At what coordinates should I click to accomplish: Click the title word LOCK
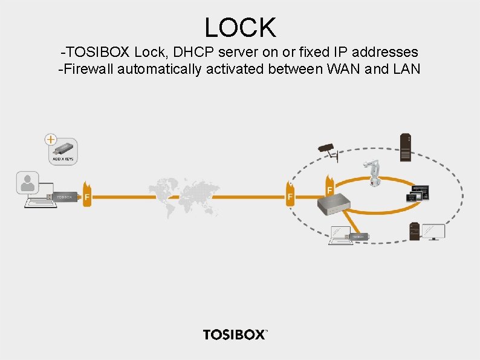tap(240, 27)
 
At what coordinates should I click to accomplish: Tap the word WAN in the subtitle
tap(345, 69)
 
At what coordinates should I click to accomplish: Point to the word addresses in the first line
tap(384, 53)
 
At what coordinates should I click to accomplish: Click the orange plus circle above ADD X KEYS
tap(52, 139)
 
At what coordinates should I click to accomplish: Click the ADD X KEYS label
tap(63, 159)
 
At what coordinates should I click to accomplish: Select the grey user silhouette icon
tap(28, 183)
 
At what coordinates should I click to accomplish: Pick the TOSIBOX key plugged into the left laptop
tap(66, 197)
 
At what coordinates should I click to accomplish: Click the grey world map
tap(181, 189)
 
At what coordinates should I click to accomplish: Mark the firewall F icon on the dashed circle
tap(291, 195)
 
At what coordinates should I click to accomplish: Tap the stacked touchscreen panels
tap(418, 194)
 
